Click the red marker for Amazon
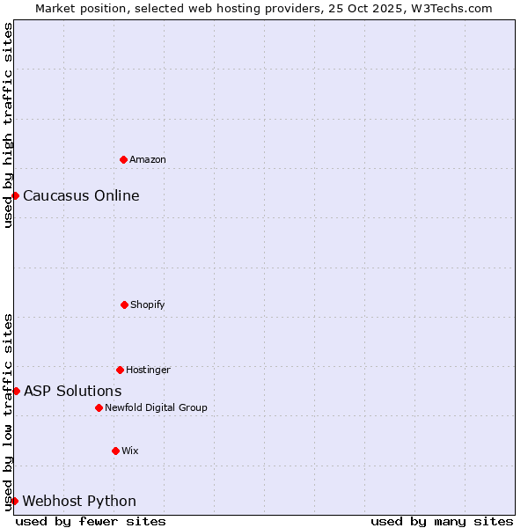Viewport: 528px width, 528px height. [x=123, y=159]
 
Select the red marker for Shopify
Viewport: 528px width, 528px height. [x=124, y=304]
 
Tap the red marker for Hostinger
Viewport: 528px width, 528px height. [x=120, y=370]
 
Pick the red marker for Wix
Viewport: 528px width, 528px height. [x=115, y=451]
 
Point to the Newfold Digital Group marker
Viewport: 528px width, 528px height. [x=99, y=407]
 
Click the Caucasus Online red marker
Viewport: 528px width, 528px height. [x=16, y=195]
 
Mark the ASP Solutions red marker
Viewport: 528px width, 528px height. [x=16, y=391]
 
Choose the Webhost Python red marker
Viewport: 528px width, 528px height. [x=15, y=501]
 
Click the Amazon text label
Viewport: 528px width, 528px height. [x=148, y=159]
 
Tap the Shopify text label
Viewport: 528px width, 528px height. [x=148, y=304]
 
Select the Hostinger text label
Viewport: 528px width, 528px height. [x=148, y=370]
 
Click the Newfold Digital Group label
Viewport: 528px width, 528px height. [x=156, y=407]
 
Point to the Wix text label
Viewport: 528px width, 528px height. [x=130, y=451]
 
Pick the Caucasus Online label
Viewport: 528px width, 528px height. [x=81, y=195]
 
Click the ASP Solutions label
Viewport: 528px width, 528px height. [x=73, y=391]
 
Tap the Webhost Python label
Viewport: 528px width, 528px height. [x=79, y=501]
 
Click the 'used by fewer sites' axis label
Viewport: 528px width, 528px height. [x=91, y=521]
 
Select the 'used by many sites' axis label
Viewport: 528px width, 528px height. [x=442, y=521]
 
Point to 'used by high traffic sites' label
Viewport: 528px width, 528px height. [x=8, y=125]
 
